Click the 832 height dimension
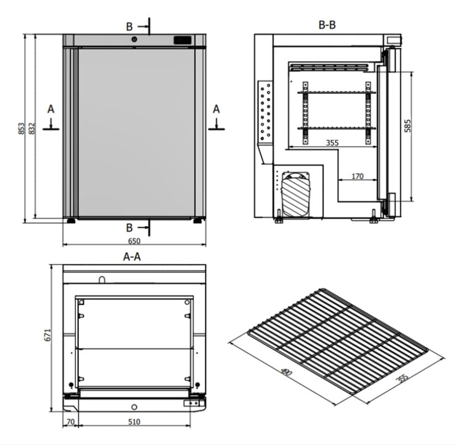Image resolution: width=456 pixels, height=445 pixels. coord(31,128)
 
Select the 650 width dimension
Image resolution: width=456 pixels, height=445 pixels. coord(134,241)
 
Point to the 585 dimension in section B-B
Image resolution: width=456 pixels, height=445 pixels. coord(407,127)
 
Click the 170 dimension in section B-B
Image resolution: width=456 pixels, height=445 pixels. coord(357,177)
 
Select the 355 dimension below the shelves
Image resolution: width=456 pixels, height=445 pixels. coord(332,142)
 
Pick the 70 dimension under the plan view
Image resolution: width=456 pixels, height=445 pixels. coord(70,422)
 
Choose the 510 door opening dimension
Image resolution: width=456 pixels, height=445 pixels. coord(134,422)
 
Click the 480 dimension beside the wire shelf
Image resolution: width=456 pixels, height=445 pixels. coord(285,374)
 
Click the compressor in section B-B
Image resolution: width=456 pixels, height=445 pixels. coord(296,196)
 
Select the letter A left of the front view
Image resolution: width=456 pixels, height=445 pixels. coord(51,109)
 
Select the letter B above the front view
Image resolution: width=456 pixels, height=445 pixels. coord(129,26)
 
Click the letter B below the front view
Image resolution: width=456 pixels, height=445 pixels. coord(129,227)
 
